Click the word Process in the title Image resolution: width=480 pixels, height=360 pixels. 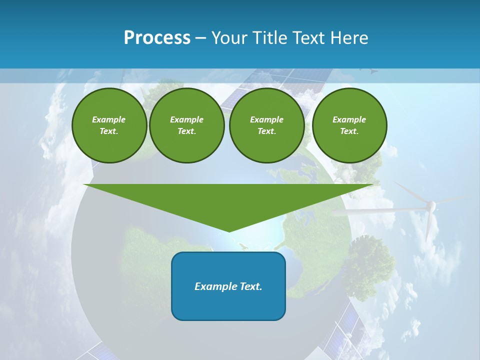[157, 38]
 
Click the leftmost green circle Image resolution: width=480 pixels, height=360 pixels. [109, 125]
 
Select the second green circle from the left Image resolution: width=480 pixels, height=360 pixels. [187, 125]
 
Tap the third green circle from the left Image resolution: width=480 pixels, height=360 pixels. [266, 125]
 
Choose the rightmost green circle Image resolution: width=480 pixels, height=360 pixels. [349, 125]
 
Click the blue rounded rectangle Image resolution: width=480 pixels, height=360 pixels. [228, 286]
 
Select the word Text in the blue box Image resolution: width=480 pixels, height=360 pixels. [251, 286]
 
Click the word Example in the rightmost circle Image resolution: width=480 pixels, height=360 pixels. [349, 119]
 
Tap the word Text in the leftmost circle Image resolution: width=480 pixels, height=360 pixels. [108, 131]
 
